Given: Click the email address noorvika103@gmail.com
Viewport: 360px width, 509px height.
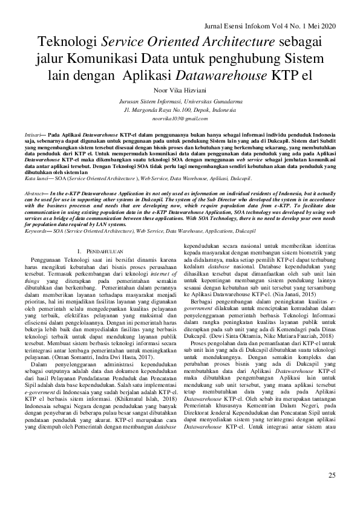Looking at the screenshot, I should pos(180,120).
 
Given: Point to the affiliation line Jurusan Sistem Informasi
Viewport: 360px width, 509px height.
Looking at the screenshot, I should pos(180,103).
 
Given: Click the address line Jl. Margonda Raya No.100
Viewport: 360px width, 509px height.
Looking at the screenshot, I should pos(180,111).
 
